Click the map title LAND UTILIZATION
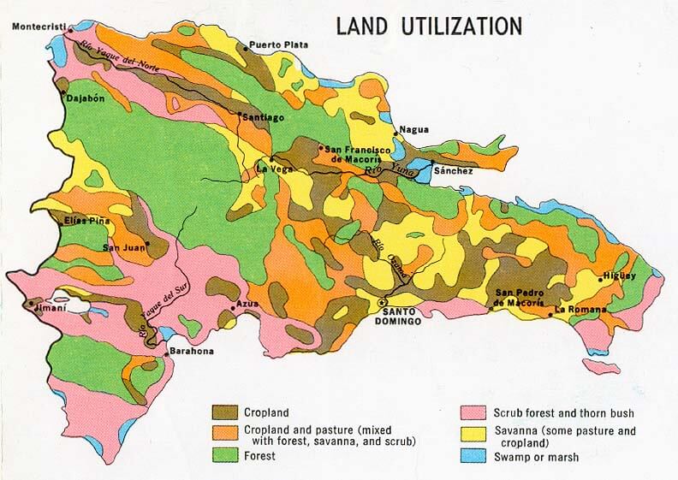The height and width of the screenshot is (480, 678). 428,27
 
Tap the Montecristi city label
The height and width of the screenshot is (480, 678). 39,27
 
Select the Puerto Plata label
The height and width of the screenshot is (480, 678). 279,45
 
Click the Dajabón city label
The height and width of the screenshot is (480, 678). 86,98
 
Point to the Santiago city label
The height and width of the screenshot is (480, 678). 264,116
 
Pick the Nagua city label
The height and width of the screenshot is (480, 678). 415,130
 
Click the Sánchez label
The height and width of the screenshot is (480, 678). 454,171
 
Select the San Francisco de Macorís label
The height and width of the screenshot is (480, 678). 349,154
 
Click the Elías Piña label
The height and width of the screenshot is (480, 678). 86,221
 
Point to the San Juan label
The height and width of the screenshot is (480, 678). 122,248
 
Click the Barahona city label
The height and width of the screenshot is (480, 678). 188,352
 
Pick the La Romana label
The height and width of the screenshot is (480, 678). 581,309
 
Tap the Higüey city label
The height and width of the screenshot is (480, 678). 620,276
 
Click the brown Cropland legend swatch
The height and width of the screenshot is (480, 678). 226,412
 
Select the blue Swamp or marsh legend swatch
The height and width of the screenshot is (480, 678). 473,457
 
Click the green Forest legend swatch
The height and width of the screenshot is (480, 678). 226,457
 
